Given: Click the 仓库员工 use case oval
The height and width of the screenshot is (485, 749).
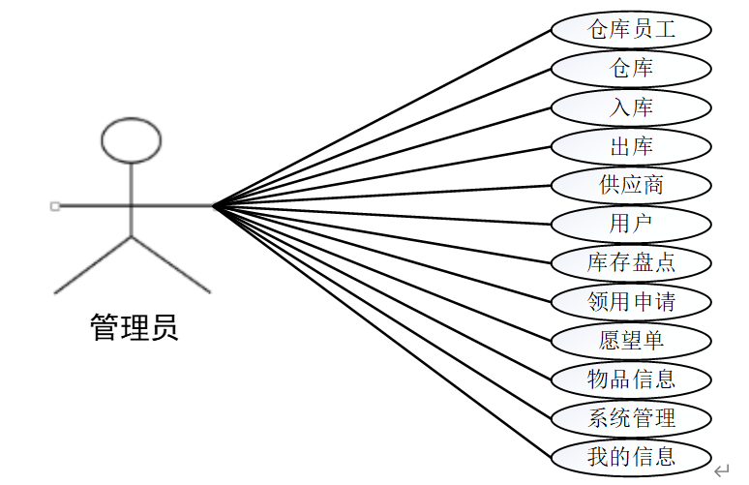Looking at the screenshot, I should (x=631, y=30).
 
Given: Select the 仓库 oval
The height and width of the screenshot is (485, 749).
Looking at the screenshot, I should (x=631, y=69).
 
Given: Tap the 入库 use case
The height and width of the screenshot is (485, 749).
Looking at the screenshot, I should (x=631, y=107).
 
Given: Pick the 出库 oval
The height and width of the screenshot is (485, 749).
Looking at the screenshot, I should (x=631, y=146).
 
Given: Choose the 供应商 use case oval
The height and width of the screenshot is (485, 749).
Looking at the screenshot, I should (x=631, y=185).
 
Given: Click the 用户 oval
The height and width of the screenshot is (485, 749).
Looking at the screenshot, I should (x=631, y=224).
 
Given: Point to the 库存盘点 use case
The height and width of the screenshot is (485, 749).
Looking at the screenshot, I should (x=631, y=262).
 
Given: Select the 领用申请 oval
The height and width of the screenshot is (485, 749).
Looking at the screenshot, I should (x=631, y=301).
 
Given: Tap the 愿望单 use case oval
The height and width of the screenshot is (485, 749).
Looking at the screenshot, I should (x=631, y=340).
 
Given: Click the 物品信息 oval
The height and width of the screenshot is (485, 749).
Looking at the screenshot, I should (x=631, y=379).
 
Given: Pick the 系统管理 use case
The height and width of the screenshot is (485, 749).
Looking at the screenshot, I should (x=631, y=417).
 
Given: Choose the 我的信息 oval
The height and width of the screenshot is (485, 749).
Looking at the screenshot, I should (x=631, y=456).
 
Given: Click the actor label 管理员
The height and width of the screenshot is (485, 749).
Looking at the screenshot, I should (x=134, y=327).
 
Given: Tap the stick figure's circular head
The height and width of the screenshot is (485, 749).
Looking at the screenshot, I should (x=131, y=139).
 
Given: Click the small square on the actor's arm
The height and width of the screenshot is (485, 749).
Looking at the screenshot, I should (x=55, y=205).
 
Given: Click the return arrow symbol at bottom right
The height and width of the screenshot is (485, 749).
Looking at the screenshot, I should (x=721, y=471).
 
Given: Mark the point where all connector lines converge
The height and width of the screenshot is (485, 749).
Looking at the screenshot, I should (x=214, y=205).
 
